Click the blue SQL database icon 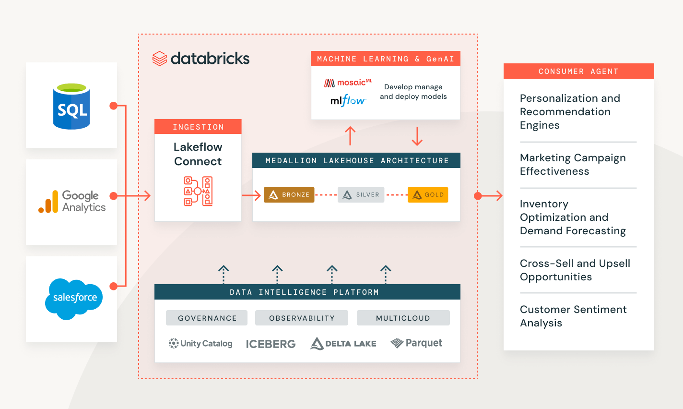point(71,107)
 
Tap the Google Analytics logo point(72,202)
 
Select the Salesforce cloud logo point(74,299)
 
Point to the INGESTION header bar point(198,127)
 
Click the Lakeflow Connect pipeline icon point(198,191)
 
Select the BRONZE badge point(289,194)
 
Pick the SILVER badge point(361,194)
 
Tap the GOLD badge point(427,194)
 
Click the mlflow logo point(348,100)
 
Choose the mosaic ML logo point(348,83)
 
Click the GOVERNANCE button point(207,318)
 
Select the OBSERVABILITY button point(302,318)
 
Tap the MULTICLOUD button point(403,318)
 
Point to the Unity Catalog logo point(200,343)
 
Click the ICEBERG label point(271,344)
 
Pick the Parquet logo point(416,343)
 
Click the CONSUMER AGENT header point(578,71)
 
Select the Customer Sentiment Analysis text point(573,316)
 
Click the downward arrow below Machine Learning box point(417,136)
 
